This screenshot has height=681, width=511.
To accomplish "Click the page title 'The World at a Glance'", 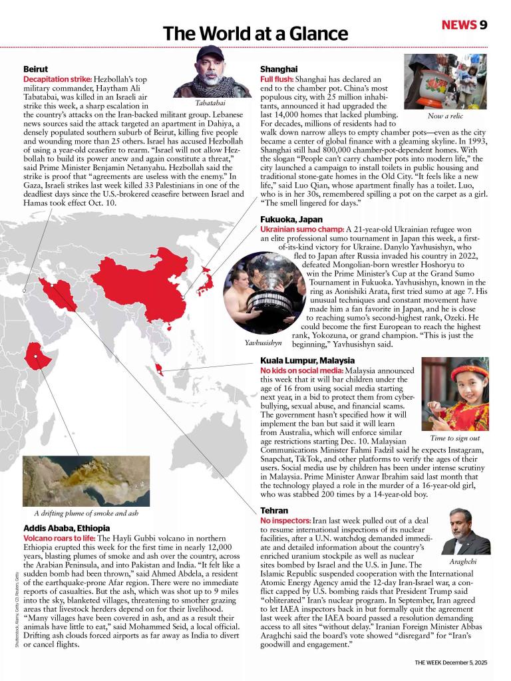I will pyautogui.click(x=255, y=33).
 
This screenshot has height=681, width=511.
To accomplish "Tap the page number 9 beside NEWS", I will pyautogui.click(x=483, y=25).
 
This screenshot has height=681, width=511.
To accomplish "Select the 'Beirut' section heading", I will pyautogui.click(x=35, y=69).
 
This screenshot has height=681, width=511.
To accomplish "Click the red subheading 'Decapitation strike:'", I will pyautogui.click(x=57, y=79).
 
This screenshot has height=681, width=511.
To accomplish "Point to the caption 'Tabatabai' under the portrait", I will pyautogui.click(x=210, y=103).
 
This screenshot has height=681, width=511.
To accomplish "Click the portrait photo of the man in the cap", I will pyautogui.click(x=212, y=72).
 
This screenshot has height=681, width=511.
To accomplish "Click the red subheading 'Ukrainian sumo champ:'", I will pyautogui.click(x=302, y=229).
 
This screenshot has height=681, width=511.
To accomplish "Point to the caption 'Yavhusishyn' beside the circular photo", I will pyautogui.click(x=263, y=342).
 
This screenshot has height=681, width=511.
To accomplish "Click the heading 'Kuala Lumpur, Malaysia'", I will pyautogui.click(x=307, y=360).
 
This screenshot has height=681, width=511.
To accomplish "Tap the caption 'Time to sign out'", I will pyautogui.click(x=454, y=438).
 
